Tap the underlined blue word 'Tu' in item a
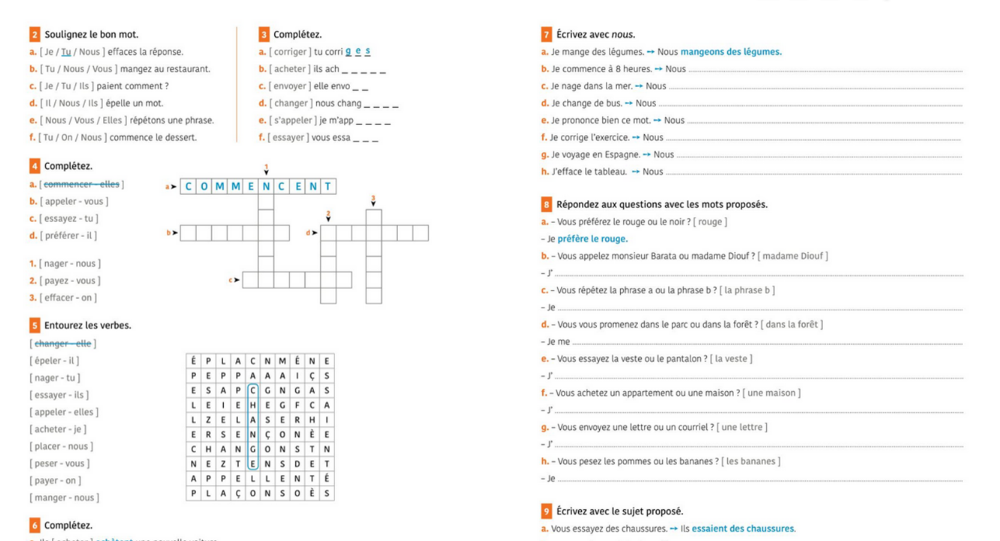coord(66,51)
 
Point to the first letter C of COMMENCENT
coord(188,186)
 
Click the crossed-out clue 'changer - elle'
coord(68,343)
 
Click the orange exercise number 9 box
coord(546,511)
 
